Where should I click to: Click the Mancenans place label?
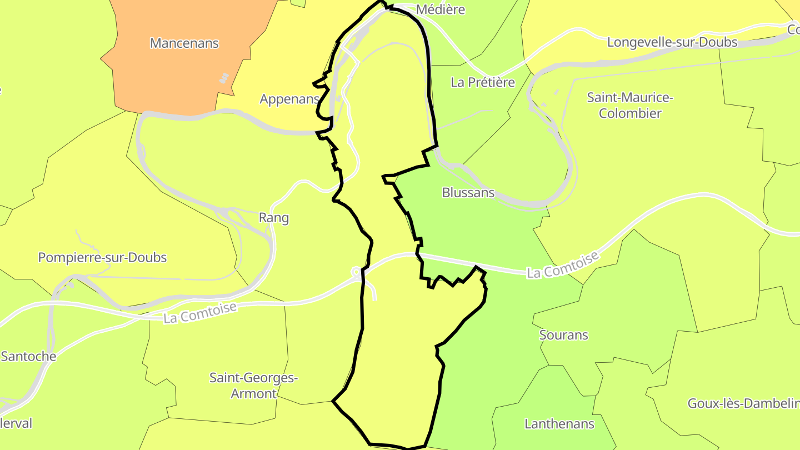click(184, 43)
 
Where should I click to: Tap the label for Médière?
click(440, 9)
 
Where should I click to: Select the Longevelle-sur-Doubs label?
click(672, 42)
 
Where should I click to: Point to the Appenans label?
click(289, 99)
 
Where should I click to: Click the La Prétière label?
click(483, 82)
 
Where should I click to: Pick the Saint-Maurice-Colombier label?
click(630, 106)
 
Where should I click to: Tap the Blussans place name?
click(468, 193)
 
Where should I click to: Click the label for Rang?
click(274, 218)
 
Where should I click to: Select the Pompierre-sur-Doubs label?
click(102, 258)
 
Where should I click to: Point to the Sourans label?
click(563, 335)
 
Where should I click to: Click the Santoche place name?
click(28, 356)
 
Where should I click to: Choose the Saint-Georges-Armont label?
click(253, 386)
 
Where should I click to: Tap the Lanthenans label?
click(559, 424)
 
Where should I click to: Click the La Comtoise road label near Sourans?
click(563, 265)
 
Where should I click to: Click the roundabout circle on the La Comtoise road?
click(355, 272)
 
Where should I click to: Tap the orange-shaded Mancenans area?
click(167, 78)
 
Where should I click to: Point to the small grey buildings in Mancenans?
click(224, 78)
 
